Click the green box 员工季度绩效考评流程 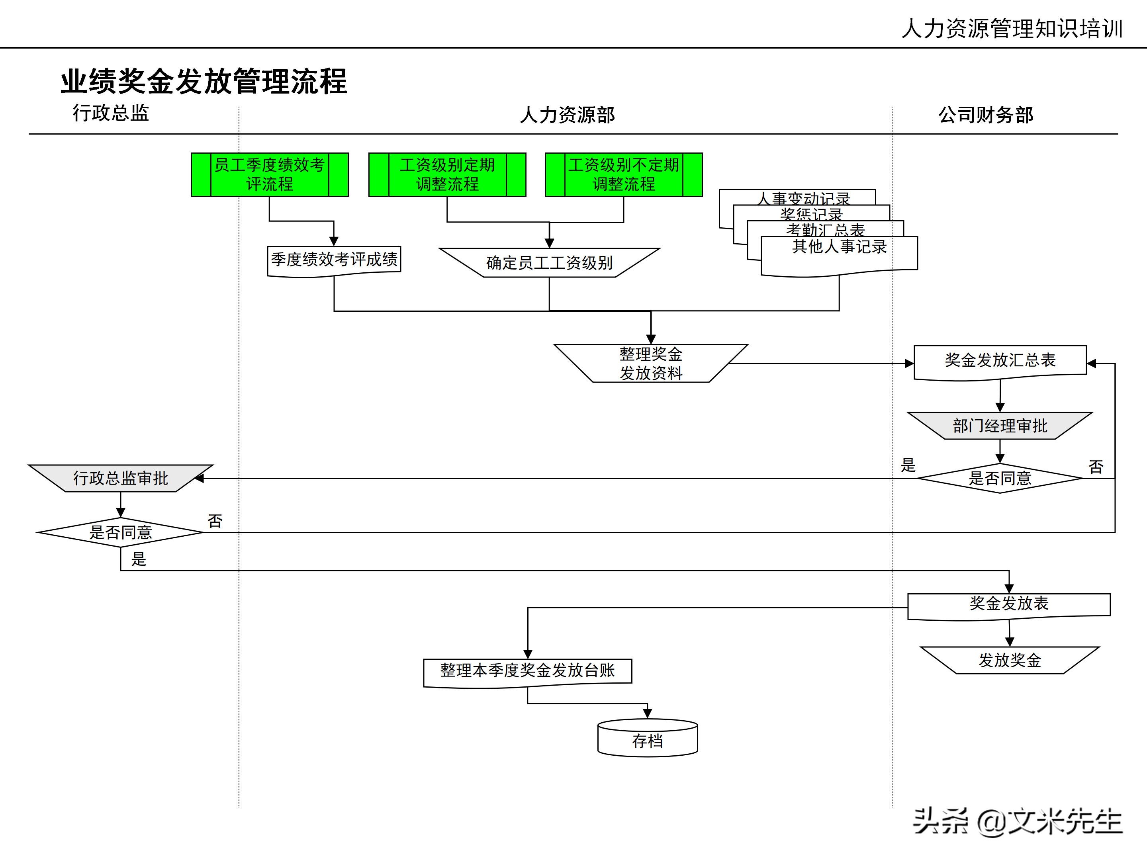pos(269,175)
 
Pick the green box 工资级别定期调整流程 pos(447,175)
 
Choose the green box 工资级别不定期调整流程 pos(623,175)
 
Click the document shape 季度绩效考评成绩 pos(334,260)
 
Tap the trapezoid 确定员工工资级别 pos(549,263)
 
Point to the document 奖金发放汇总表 pos(1000,360)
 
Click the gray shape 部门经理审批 pos(1000,426)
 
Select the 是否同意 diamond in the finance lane pos(1000,478)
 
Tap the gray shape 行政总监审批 pos(120,478)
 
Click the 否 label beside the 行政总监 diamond pos(215,521)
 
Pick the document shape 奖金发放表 pos(1008,604)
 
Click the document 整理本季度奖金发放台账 pos(527,671)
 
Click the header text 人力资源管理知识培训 pos(1012,29)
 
